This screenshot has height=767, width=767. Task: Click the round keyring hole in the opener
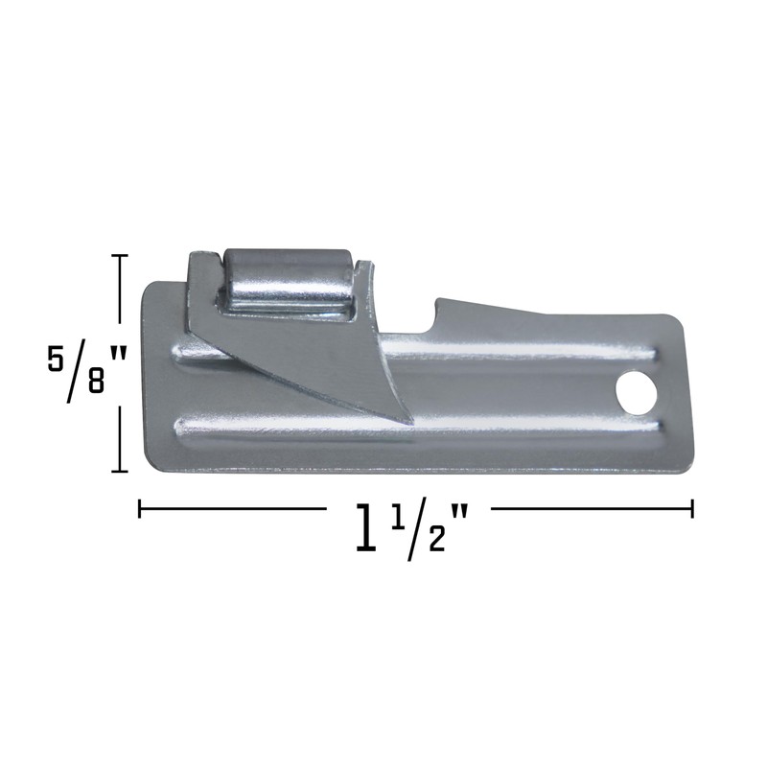point(634,390)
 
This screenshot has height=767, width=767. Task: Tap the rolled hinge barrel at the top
point(289,283)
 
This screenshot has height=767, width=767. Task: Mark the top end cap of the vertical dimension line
point(120,256)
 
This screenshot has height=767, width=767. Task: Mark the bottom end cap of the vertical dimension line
point(120,471)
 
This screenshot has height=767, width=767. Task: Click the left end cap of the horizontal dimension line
point(140,508)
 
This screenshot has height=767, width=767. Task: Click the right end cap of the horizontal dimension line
point(692,508)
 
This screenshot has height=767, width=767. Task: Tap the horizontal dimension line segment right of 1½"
point(585,508)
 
